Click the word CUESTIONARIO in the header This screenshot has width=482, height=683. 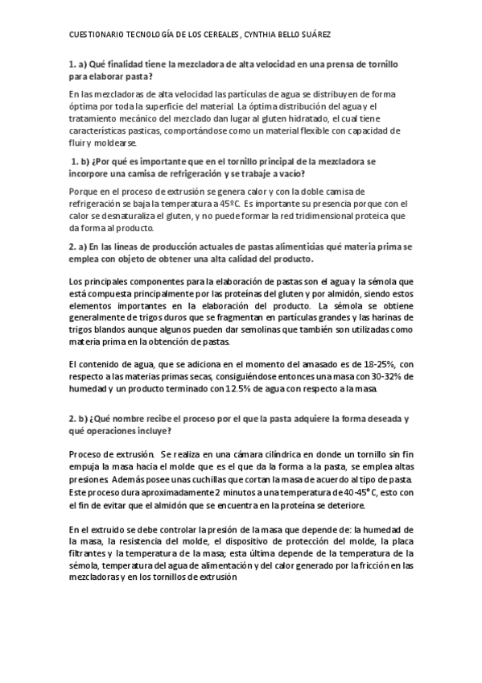click(94, 35)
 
